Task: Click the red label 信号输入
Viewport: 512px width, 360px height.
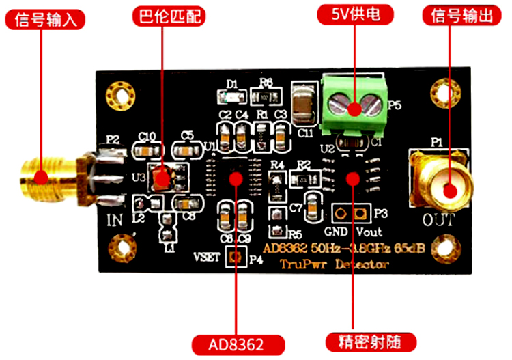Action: pos(45,19)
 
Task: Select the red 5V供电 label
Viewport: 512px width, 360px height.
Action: pos(352,13)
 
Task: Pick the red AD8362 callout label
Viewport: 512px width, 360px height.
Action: pos(236,342)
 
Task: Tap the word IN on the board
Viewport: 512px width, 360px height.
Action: pos(115,220)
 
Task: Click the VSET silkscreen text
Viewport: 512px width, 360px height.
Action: pos(207,258)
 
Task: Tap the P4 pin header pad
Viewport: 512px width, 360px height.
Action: pos(233,258)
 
